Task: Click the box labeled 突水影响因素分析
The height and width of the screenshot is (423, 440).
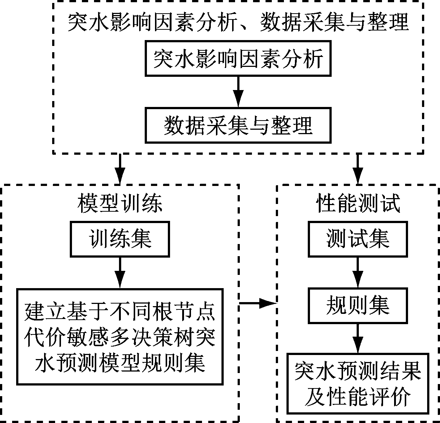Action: (238, 58)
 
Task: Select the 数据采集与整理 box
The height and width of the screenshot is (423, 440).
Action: (238, 125)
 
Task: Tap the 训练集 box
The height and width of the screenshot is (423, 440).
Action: (120, 239)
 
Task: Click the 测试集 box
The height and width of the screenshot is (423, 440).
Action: (357, 239)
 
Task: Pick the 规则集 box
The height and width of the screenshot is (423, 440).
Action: (357, 305)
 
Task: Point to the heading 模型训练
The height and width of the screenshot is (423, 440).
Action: (120, 203)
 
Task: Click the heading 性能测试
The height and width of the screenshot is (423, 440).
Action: (358, 203)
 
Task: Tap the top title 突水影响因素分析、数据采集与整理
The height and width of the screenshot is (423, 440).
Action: (238, 23)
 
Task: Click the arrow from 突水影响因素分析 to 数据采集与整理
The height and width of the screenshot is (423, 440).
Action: (238, 92)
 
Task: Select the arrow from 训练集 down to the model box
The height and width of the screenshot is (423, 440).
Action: (120, 272)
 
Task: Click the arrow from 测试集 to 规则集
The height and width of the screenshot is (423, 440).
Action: (357, 272)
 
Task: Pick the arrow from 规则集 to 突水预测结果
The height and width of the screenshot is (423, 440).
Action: (357, 338)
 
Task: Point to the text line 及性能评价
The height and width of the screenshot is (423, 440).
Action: (357, 397)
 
